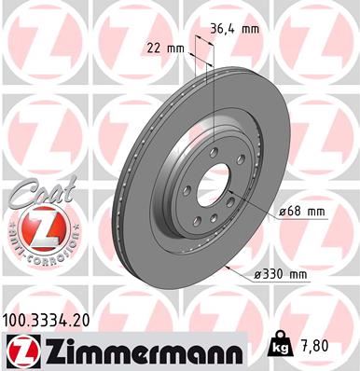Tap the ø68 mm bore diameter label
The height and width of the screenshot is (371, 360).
300,212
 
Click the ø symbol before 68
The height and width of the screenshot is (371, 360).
282,212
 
